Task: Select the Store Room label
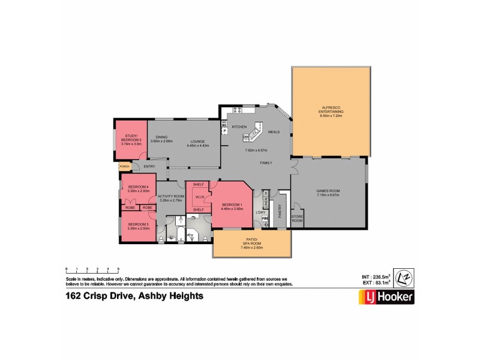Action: tap(296, 219)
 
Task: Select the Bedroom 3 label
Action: tap(137, 226)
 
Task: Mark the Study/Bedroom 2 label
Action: tap(130, 141)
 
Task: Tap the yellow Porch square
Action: tap(125, 166)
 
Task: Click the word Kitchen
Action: tap(239, 127)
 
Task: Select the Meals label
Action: tap(274, 131)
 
